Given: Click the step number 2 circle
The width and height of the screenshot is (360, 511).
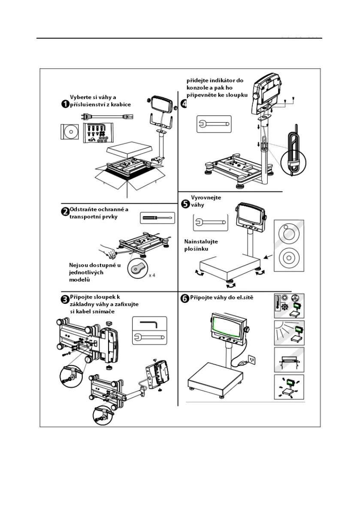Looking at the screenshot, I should [65, 212].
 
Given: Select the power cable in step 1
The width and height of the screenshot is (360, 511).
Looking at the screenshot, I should [108, 116].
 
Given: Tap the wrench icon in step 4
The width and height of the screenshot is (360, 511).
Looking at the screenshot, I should [213, 124].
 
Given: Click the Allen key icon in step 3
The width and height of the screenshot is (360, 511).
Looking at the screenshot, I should [148, 322].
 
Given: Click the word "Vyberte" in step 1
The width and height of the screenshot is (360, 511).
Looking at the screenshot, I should [80, 97].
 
